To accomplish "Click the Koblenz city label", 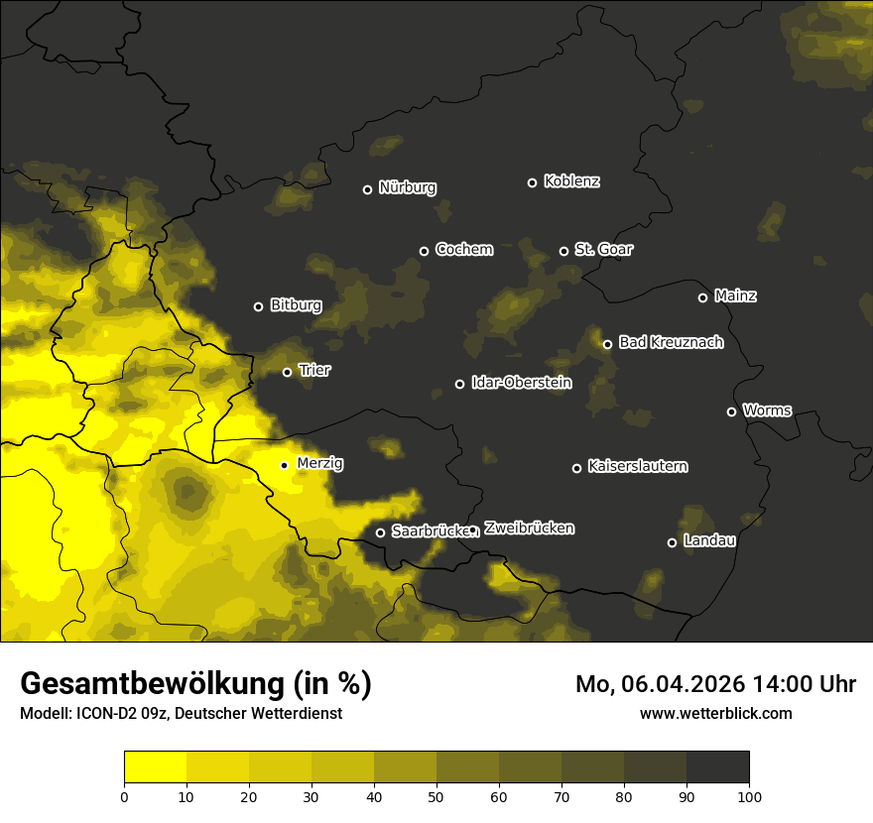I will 571,181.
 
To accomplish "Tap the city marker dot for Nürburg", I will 367,189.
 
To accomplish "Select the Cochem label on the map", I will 463,250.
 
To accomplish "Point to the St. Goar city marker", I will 563,251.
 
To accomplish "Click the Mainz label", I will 735,296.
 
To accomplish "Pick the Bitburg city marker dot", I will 258,306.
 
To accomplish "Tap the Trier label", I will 314,371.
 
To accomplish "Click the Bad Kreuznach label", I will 671,343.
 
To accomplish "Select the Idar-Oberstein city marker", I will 459,384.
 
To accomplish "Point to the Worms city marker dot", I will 731,411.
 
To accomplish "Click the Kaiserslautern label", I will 637,466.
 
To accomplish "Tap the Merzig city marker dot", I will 284,465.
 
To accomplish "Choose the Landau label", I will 709,541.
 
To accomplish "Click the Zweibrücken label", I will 529,529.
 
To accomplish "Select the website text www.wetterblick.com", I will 715,713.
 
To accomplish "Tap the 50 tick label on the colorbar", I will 436,795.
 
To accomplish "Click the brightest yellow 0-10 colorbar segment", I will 155,767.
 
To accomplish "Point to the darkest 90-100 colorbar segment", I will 717,767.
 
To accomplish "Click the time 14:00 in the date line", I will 771,684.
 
